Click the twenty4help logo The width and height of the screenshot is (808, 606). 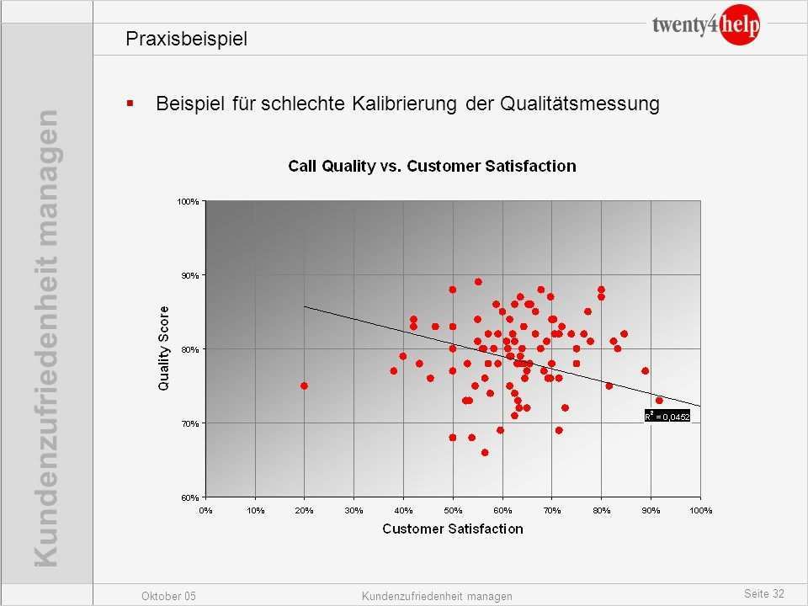(x=705, y=26)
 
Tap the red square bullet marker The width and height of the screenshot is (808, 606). (x=130, y=104)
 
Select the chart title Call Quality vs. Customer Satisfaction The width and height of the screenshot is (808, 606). (x=432, y=166)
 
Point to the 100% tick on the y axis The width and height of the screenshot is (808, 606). (x=188, y=201)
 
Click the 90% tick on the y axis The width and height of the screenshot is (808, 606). (x=189, y=275)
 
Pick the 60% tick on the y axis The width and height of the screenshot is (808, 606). (x=189, y=497)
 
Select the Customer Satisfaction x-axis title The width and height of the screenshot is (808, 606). (x=453, y=529)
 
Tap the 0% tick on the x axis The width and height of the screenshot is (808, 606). (x=206, y=510)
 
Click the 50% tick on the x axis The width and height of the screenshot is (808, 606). (x=453, y=510)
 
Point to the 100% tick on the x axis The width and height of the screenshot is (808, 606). (x=700, y=510)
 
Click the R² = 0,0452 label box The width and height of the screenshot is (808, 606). (x=667, y=415)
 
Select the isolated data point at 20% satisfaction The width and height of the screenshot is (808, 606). (x=304, y=385)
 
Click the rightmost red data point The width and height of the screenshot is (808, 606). (x=659, y=401)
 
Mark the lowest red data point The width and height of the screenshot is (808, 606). (x=485, y=452)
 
